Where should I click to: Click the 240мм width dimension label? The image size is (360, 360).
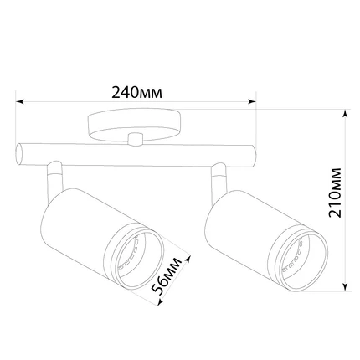pyautogui.click(x=136, y=92)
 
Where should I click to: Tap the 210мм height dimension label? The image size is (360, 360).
pyautogui.click(x=335, y=193)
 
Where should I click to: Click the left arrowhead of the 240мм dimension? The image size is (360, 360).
pyautogui.click(x=19, y=101)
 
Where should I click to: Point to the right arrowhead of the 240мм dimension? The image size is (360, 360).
pyautogui.click(x=252, y=101)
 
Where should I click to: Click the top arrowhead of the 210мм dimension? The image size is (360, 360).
pyautogui.click(x=346, y=114)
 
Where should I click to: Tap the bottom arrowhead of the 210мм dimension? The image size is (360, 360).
pyautogui.click(x=346, y=287)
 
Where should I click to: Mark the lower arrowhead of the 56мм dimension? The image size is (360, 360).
pyautogui.click(x=160, y=301)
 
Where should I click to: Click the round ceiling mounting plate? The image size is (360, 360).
pyautogui.click(x=134, y=124)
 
